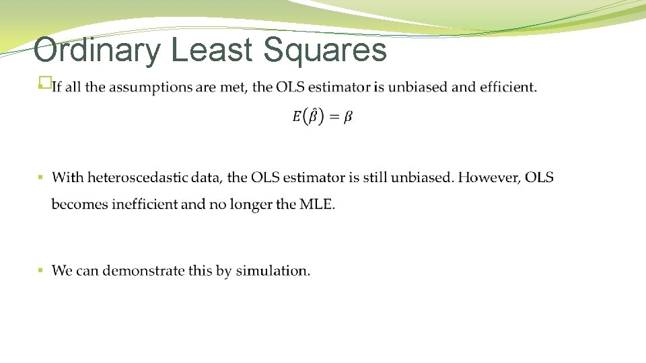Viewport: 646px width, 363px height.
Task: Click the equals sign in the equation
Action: (x=333, y=117)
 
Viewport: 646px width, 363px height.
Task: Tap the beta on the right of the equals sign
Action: (x=348, y=117)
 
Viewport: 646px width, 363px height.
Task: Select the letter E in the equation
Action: (x=296, y=117)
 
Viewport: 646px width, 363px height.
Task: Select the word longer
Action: (x=250, y=204)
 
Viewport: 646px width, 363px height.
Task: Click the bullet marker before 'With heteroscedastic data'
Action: (x=40, y=178)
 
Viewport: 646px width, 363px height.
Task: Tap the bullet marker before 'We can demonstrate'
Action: (x=40, y=271)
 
